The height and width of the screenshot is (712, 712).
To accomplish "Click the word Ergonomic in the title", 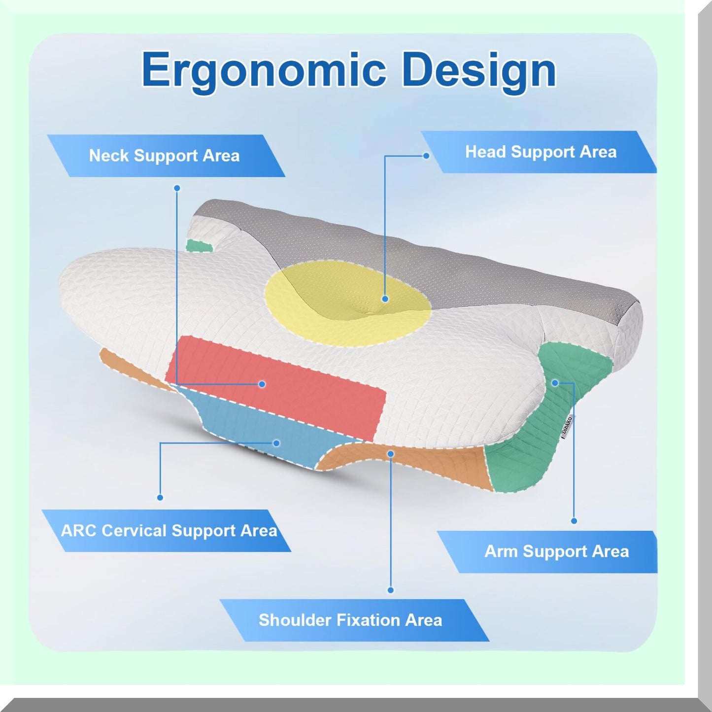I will coord(263,70).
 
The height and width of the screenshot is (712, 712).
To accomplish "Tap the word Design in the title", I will coord(478,70).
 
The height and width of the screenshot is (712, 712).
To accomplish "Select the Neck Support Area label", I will coord(165,156).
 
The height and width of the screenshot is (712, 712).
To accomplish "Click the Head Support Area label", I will coord(541,152).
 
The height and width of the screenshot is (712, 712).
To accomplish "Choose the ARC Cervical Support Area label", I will coord(169,531).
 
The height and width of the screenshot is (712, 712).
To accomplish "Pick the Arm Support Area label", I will coord(556,551).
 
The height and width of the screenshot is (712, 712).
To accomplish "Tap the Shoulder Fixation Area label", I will coord(350,620).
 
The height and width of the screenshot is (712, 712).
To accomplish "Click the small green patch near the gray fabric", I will coord(199,245).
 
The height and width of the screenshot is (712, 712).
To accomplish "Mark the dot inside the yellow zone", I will coord(385,299).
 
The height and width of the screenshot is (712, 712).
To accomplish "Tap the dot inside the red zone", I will coord(262,384).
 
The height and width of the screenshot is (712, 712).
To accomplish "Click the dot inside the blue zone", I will coord(276,443).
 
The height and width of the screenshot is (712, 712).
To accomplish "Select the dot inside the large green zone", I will coord(555,382).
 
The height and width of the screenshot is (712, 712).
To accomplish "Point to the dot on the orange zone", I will coord(390,453).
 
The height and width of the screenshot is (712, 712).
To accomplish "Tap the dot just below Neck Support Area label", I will coord(177,188).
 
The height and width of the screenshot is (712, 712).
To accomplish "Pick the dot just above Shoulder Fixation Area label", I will coord(390,590).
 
